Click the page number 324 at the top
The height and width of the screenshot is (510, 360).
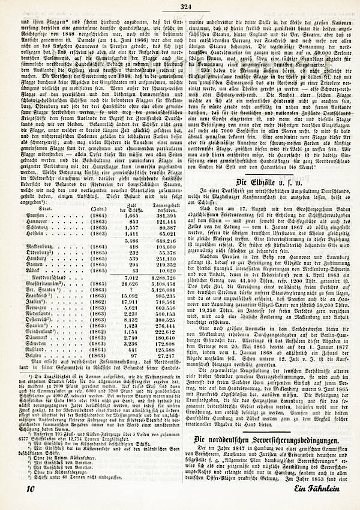[x=185, y=7]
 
